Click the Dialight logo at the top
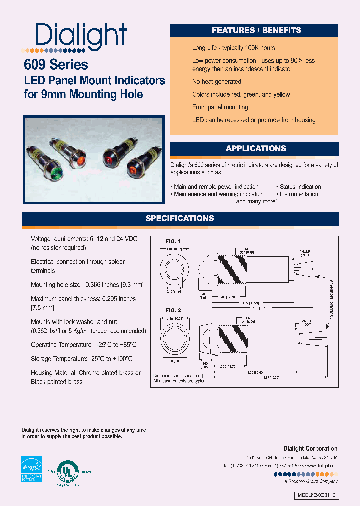coord(81,35)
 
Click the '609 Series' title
coord(56,65)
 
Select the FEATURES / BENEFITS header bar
coord(256,30)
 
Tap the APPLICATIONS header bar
coord(256,149)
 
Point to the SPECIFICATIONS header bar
coord(180,219)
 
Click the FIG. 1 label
coord(173,241)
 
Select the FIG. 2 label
coord(173,310)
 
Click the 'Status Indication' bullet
coord(300,187)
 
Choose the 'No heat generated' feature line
coord(216,82)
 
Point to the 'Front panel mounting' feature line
coord(220,107)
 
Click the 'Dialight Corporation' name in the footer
coord(310,449)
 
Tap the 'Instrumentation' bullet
coord(299,194)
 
